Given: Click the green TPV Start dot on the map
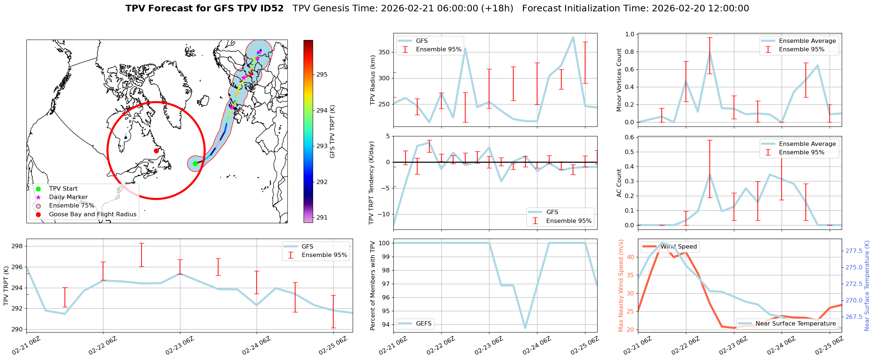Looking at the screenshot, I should (x=195, y=164).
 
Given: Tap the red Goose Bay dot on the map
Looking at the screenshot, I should (x=156, y=151).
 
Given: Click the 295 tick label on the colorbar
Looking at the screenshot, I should (x=322, y=74).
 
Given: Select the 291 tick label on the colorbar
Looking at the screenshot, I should (x=322, y=217).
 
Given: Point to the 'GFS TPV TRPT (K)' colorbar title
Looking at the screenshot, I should (x=333, y=132).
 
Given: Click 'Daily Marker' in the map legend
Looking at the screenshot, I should (x=68, y=197).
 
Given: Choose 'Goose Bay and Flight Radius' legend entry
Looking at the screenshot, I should (x=92, y=214).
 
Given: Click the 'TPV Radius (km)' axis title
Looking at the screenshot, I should (x=373, y=80).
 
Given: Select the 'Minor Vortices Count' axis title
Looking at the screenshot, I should (x=619, y=80).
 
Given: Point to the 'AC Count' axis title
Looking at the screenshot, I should (x=619, y=183).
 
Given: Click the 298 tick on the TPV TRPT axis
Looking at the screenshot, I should (x=17, y=246).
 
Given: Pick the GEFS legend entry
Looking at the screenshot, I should (x=423, y=324).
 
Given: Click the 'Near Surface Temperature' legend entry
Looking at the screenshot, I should (x=796, y=324).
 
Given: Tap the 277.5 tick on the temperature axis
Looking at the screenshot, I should (x=853, y=251).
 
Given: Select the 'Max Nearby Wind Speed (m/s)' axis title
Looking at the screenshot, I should (x=621, y=286).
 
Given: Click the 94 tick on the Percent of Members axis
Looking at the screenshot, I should (x=385, y=324).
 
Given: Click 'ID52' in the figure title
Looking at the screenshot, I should (x=270, y=8).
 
